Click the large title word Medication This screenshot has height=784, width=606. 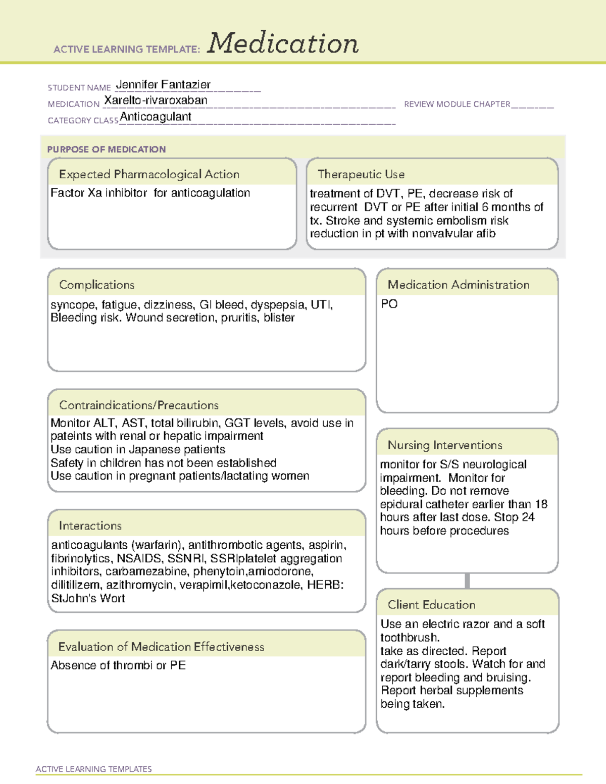click(x=283, y=43)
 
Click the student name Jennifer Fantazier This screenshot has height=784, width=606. click(x=163, y=84)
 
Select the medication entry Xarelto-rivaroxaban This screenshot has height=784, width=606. click(x=156, y=100)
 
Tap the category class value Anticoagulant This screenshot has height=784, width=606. click(x=156, y=117)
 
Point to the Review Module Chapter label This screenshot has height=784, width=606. click(x=457, y=104)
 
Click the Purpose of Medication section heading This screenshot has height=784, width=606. click(x=106, y=149)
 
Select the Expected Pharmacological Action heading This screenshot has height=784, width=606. click(x=149, y=174)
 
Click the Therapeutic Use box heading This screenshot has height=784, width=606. click(x=361, y=174)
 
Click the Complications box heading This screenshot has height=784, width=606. click(x=96, y=285)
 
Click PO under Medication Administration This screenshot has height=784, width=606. click(x=389, y=304)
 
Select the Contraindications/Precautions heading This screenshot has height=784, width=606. click(x=138, y=405)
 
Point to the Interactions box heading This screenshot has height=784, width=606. click(x=90, y=526)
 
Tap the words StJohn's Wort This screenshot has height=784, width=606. click(x=88, y=598)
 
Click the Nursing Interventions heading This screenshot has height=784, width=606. click(x=445, y=445)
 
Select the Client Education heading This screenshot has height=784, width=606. click(x=431, y=605)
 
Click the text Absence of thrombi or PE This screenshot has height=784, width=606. click(x=118, y=665)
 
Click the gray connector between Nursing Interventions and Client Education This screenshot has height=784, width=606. click(x=467, y=581)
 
